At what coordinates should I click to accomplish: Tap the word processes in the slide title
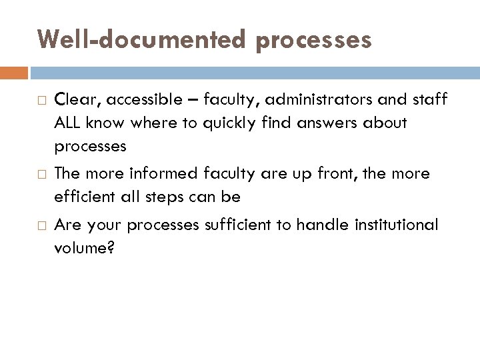tap(313, 40)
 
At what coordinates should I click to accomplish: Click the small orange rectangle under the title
tap(14, 72)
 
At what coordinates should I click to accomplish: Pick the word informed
tap(159, 174)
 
